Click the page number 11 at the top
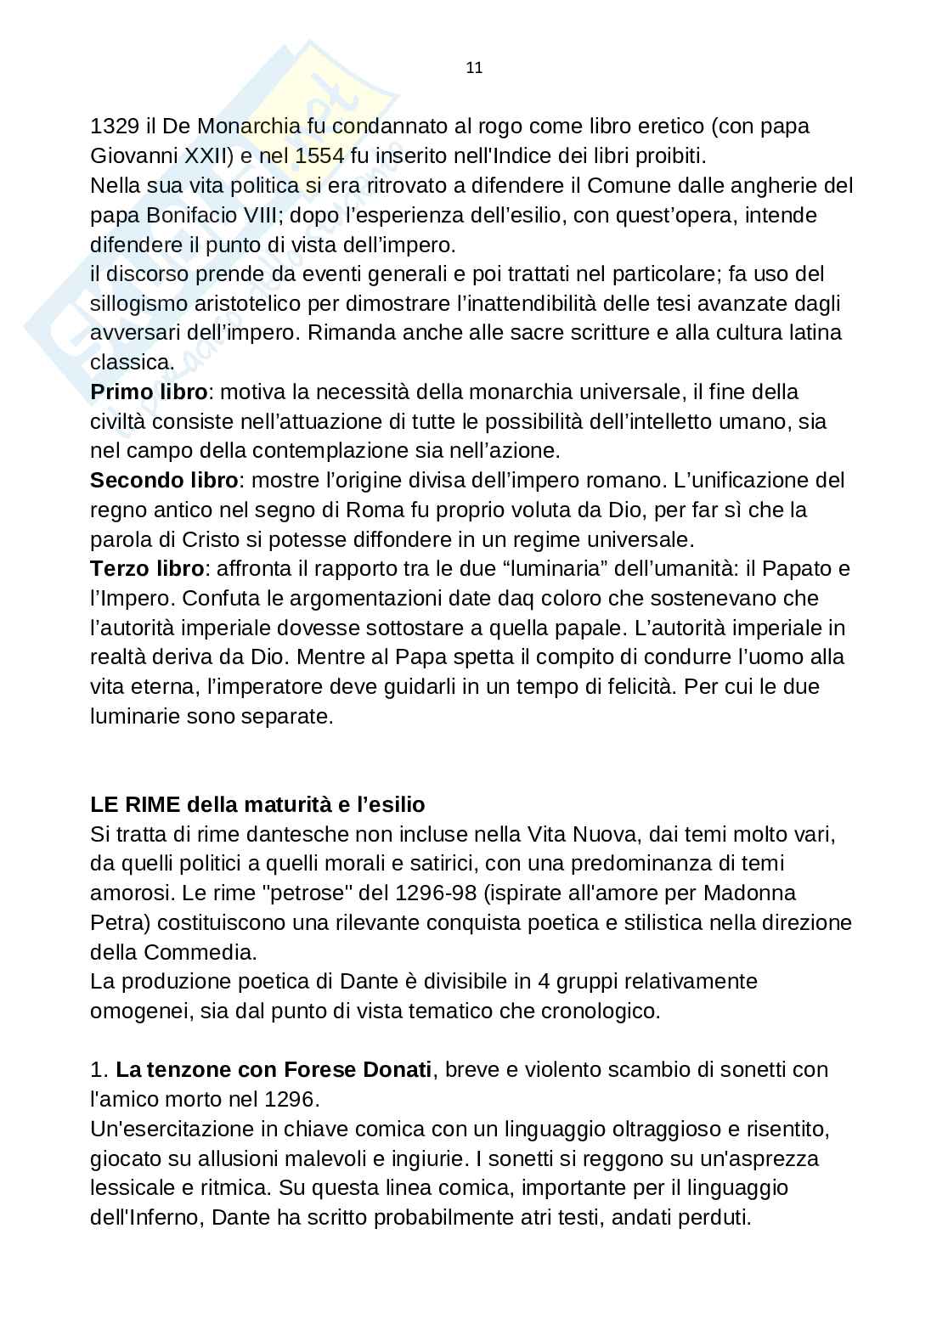[474, 69]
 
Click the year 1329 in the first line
[115, 127]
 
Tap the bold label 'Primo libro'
[149, 392]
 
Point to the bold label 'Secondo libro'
[164, 481]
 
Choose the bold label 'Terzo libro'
[147, 569]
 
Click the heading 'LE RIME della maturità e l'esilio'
[257, 804]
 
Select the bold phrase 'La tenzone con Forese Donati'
[274, 1070]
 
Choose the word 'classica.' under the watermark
[133, 363]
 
